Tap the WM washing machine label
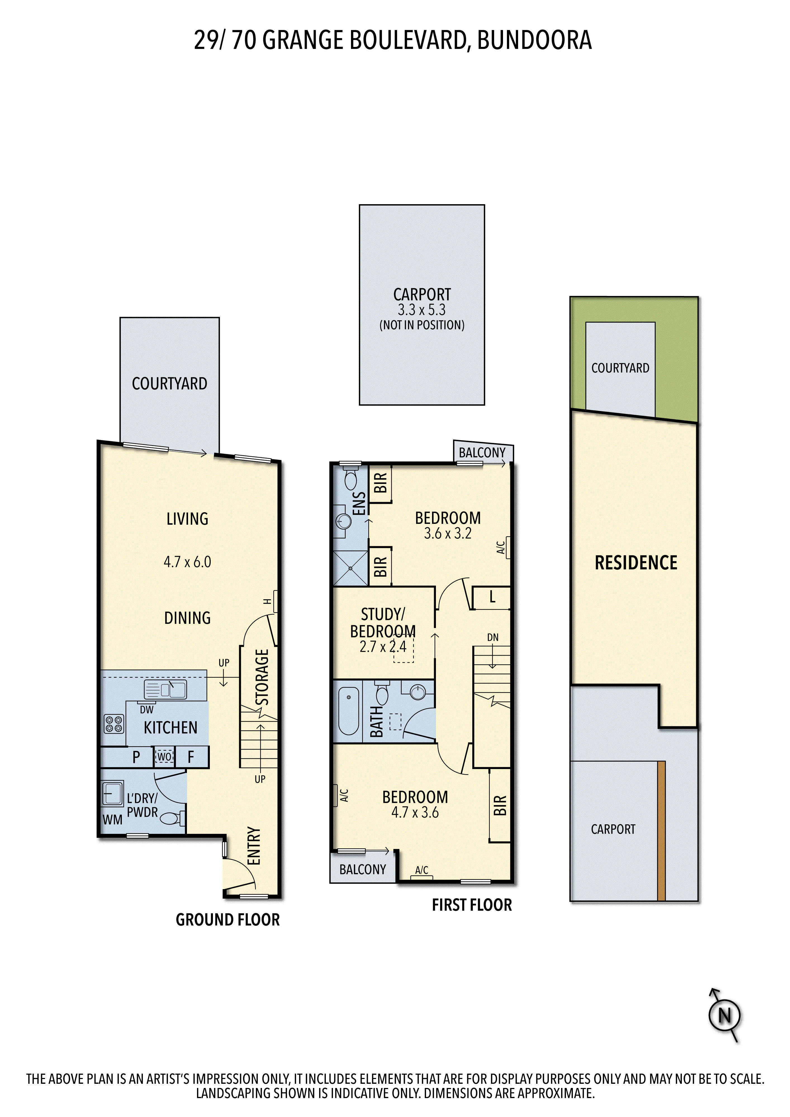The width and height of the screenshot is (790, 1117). click(x=112, y=820)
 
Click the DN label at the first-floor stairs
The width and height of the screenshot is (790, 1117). click(x=493, y=637)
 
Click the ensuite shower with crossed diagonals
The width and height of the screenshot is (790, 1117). click(x=350, y=568)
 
